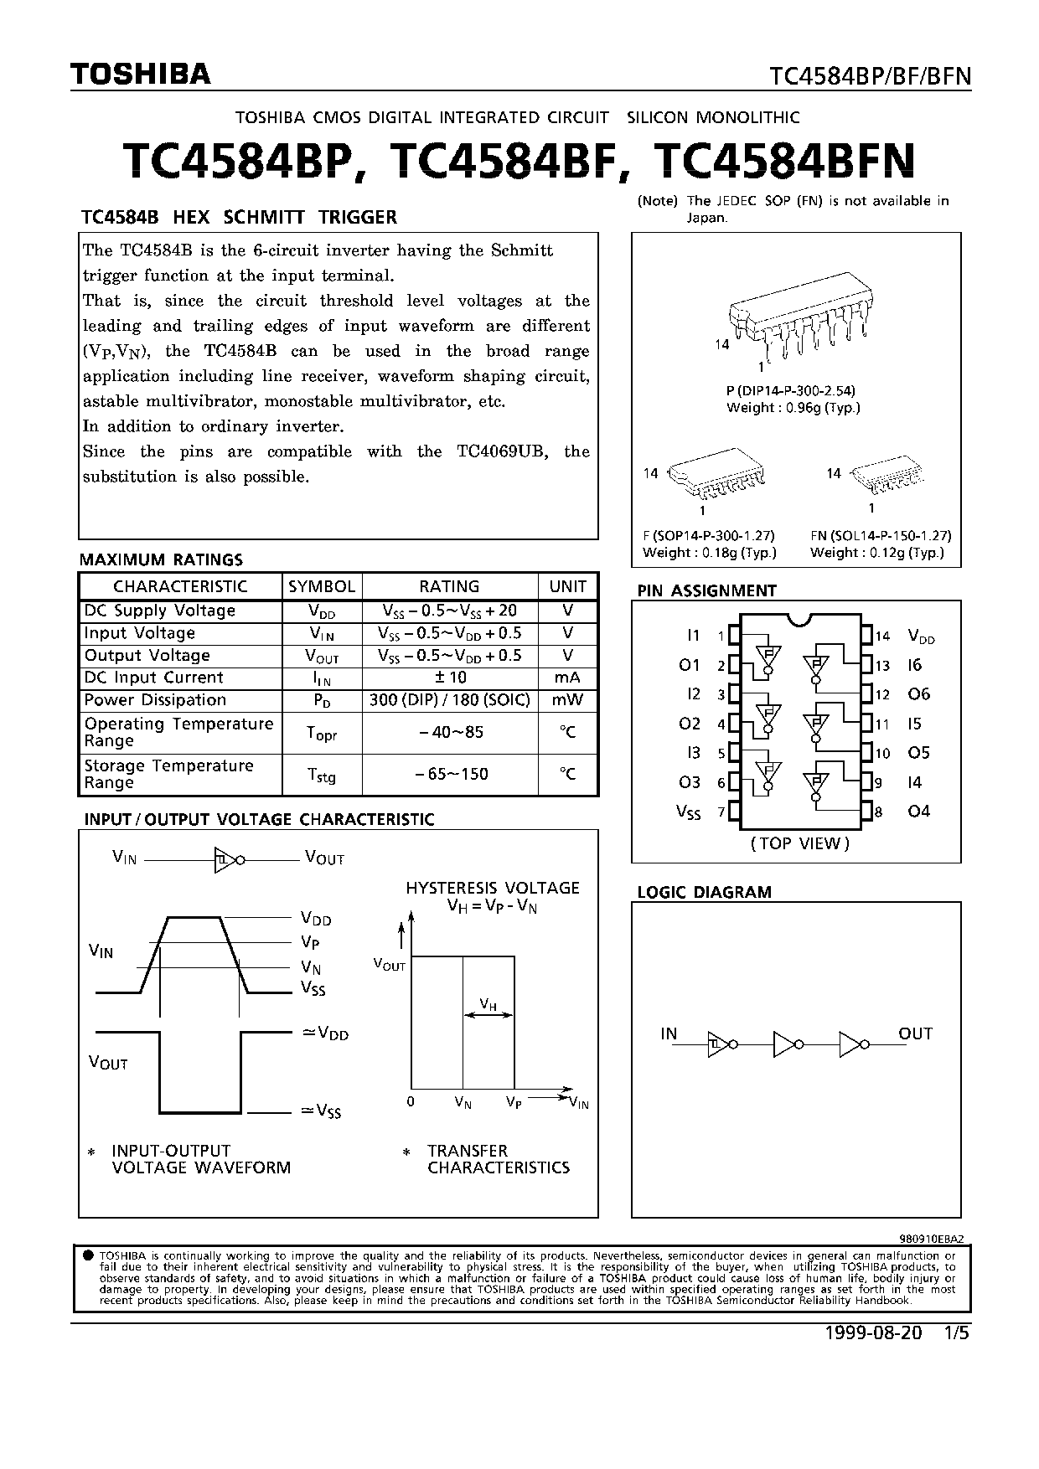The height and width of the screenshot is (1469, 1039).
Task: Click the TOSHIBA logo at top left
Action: point(140,75)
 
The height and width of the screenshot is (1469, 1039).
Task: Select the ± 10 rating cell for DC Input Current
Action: point(450,678)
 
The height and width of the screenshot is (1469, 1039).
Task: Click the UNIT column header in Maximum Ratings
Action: point(568,586)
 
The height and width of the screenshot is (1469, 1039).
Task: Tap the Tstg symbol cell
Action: point(322,776)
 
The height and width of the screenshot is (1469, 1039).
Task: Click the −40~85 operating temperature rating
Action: point(450,732)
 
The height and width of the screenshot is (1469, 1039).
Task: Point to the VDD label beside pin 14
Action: point(921,637)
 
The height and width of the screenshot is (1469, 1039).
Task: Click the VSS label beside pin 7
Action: point(688,812)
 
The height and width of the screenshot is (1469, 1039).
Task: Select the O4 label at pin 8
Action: point(919,812)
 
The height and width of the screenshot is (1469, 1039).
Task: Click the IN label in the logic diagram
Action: point(669,1034)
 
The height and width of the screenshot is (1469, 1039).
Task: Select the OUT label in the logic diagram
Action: point(915,1034)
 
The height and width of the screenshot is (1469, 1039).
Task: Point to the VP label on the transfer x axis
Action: point(514,1103)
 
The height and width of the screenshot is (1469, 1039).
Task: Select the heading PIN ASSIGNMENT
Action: point(706,590)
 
